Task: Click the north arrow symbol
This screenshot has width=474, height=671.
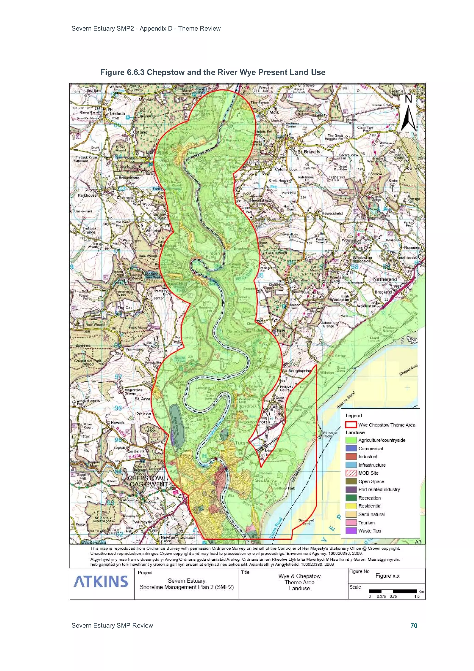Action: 408,113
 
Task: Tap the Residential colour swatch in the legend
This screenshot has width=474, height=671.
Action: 351,506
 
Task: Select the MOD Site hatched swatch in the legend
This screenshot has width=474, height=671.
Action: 351,473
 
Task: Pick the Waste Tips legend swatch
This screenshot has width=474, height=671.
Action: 351,531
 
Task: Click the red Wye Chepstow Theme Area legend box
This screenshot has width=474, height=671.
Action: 351,425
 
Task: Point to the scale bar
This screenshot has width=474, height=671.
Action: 393,591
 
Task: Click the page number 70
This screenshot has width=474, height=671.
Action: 414,625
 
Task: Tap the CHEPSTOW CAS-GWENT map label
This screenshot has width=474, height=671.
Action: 148,481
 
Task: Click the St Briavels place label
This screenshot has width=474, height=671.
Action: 309,152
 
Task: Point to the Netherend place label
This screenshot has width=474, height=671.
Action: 385,279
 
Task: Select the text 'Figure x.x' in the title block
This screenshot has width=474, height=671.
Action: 387,576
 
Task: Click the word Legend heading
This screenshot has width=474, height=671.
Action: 353,416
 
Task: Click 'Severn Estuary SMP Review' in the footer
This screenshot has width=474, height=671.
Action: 112,625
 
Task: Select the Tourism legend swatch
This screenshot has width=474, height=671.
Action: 351,523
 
